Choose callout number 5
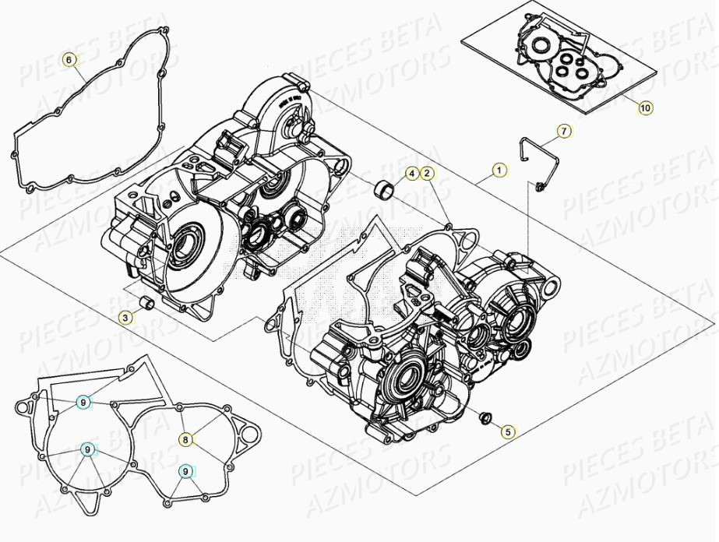coord(507,430)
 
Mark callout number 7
coord(563,131)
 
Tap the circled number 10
coord(645,108)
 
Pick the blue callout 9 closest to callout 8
coord(185,470)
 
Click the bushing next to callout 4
coord(382,188)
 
